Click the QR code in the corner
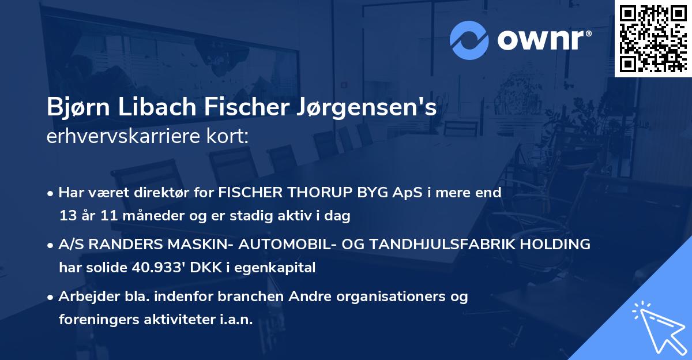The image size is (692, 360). coord(653,38)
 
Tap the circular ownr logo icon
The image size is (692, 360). coord(469,40)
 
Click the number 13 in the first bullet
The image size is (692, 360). coord(67,216)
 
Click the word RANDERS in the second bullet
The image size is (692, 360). coord(121,245)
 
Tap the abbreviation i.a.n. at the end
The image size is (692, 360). coord(234,320)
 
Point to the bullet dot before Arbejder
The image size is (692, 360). coord(51,297)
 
